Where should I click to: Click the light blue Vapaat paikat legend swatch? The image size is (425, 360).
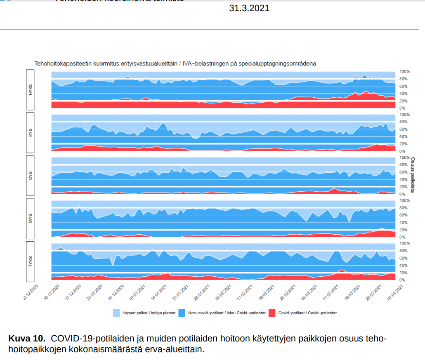pyautogui.click(x=116, y=313)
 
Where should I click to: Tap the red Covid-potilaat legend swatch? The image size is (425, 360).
pyautogui.click(x=272, y=313)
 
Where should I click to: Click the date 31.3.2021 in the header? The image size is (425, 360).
pyautogui.click(x=249, y=8)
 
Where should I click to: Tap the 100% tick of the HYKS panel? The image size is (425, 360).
pyautogui.click(x=404, y=72)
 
